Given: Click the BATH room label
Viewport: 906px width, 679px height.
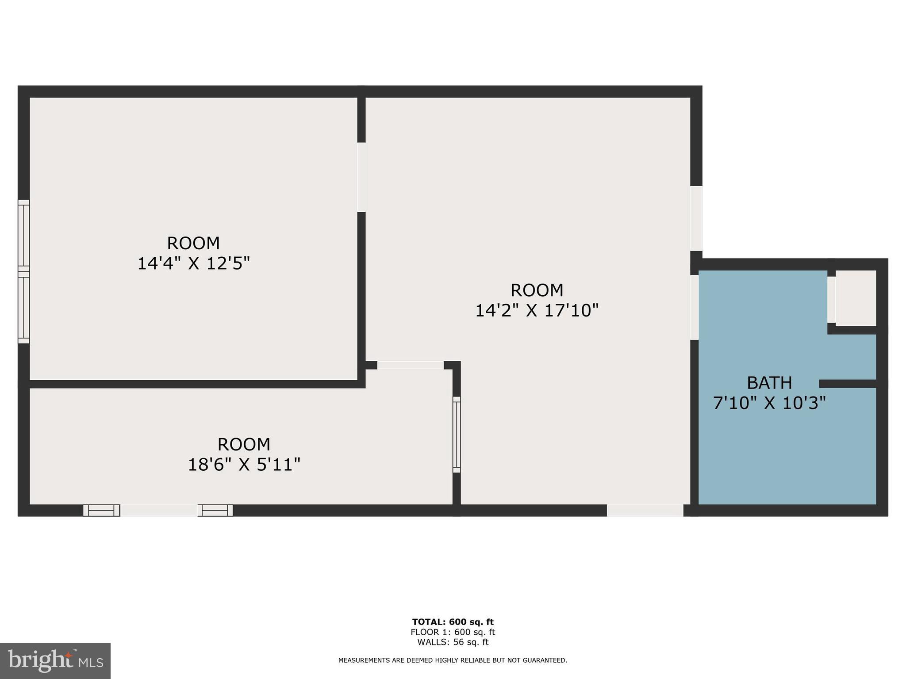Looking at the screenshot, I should (x=769, y=383).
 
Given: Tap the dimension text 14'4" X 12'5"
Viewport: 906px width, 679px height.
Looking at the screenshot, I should (x=194, y=264).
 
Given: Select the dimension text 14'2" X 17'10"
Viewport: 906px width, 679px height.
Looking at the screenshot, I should (x=537, y=311).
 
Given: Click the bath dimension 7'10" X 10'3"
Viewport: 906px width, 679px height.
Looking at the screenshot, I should (x=769, y=403).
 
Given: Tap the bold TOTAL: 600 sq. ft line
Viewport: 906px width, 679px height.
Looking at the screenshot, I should (x=453, y=622).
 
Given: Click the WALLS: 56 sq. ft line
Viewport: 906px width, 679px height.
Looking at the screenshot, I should (x=453, y=642).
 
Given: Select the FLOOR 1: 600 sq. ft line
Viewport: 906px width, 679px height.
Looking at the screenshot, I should (x=453, y=632).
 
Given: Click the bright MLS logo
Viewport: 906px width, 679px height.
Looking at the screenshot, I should (x=55, y=661).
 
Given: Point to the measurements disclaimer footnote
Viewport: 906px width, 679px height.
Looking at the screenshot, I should (x=453, y=660).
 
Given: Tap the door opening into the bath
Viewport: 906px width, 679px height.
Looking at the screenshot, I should (x=695, y=307).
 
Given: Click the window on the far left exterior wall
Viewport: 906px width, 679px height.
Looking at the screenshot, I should (x=23, y=271).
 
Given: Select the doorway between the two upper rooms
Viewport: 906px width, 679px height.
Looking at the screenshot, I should (x=361, y=177).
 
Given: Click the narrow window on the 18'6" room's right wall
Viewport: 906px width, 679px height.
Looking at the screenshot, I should (x=457, y=435).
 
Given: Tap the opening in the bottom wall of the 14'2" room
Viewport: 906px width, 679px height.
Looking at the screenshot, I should (x=645, y=511).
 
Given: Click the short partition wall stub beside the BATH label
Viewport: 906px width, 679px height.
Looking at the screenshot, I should (x=848, y=383).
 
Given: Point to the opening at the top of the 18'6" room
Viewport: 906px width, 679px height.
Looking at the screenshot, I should (x=410, y=365).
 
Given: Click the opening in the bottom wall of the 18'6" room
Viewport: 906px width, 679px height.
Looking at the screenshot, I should (x=158, y=511).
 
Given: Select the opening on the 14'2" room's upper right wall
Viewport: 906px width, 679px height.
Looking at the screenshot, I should (x=696, y=218).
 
